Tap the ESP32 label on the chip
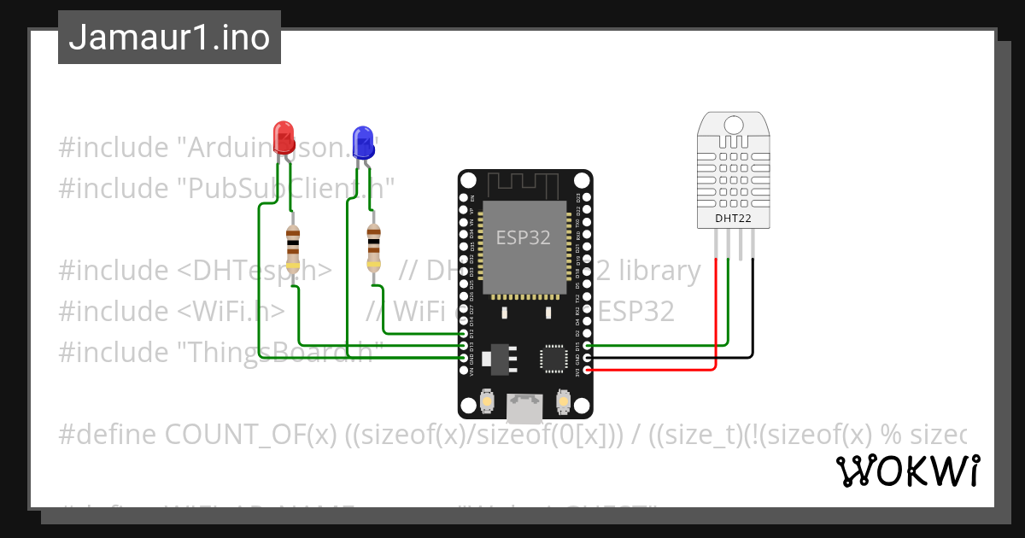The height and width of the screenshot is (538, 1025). coord(524,237)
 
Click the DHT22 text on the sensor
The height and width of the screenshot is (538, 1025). coord(734,219)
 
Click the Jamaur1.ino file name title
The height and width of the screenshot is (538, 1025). coord(169,38)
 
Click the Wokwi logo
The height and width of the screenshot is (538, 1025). coord(907,471)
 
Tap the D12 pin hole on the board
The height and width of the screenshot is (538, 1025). coord(464,334)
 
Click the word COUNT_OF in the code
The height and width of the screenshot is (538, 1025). coord(247,435)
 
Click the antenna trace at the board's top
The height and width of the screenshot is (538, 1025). coord(524,183)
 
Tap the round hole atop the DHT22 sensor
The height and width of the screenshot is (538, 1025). coord(734,124)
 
